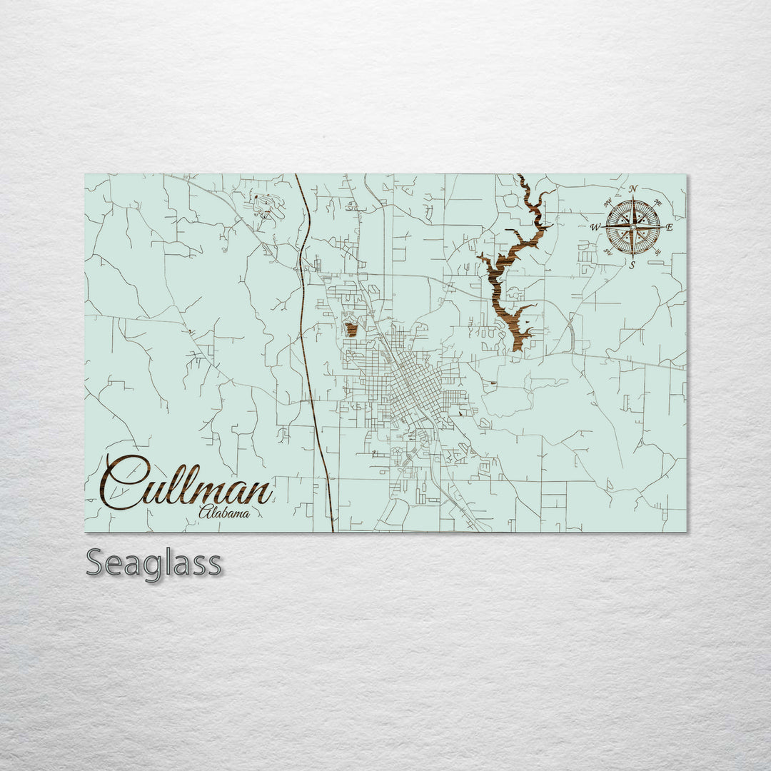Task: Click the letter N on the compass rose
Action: point(633,189)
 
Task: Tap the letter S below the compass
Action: point(633,265)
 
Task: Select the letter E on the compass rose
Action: point(670,228)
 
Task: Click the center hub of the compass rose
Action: point(633,227)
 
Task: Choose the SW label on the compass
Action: point(608,251)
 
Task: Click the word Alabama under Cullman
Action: point(224,512)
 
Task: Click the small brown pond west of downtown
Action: point(351,329)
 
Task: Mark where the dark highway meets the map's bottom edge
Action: point(332,531)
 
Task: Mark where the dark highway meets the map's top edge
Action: point(296,175)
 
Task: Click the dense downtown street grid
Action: point(418,389)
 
